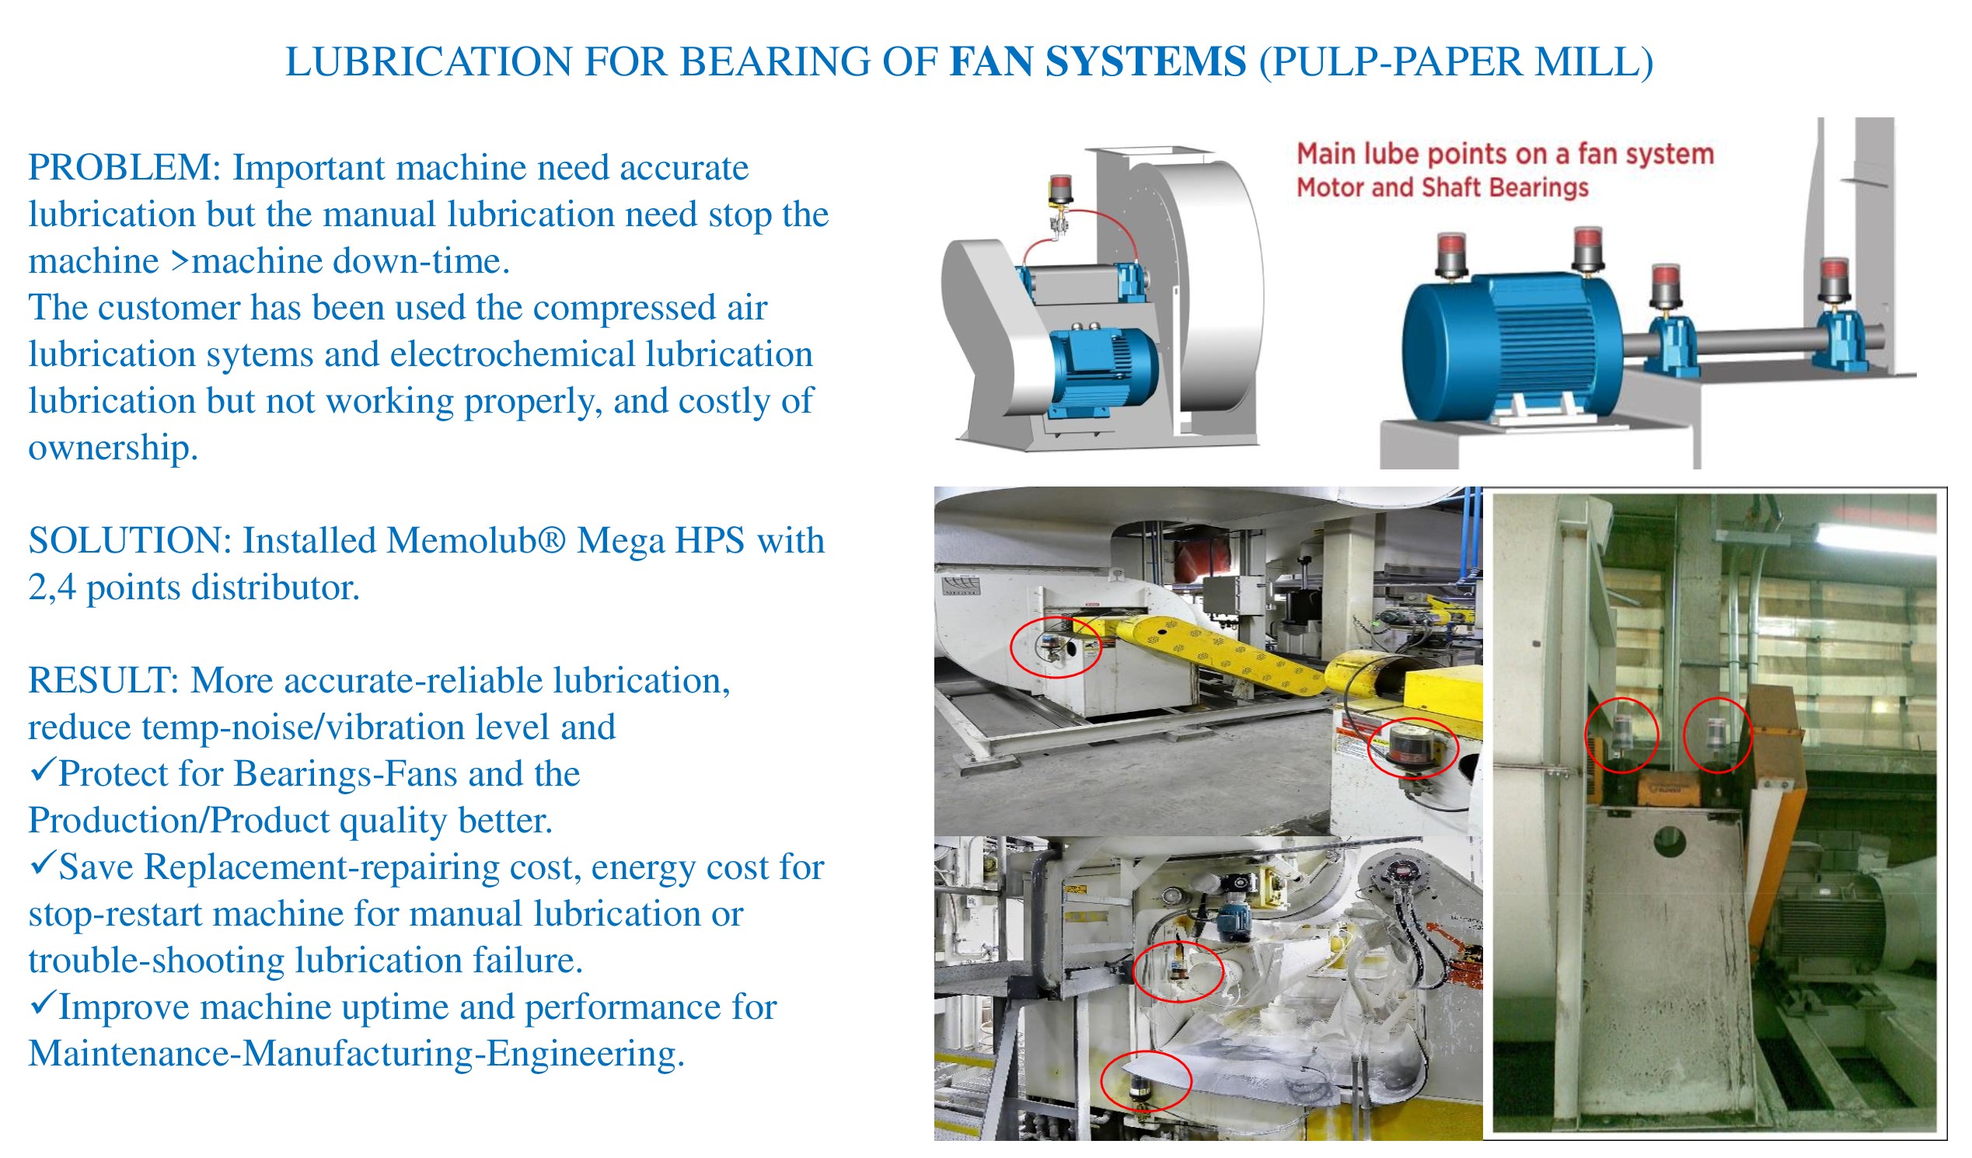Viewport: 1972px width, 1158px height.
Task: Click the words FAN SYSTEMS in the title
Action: click(1097, 63)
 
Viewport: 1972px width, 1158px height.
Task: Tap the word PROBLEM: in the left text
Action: click(125, 168)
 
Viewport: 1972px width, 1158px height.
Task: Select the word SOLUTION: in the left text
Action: click(130, 541)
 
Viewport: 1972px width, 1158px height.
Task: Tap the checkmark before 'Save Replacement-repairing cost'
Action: click(43, 863)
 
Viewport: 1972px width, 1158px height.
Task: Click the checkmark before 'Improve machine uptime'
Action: click(43, 1004)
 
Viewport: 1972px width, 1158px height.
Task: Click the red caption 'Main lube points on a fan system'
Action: click(1505, 154)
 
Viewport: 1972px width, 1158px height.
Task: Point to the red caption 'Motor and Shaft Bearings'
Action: click(1442, 188)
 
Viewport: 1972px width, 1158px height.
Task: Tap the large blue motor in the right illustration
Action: click(1510, 344)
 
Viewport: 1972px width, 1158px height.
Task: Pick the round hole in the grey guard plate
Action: click(1670, 842)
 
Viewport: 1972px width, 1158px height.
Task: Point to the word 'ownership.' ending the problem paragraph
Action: click(113, 448)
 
